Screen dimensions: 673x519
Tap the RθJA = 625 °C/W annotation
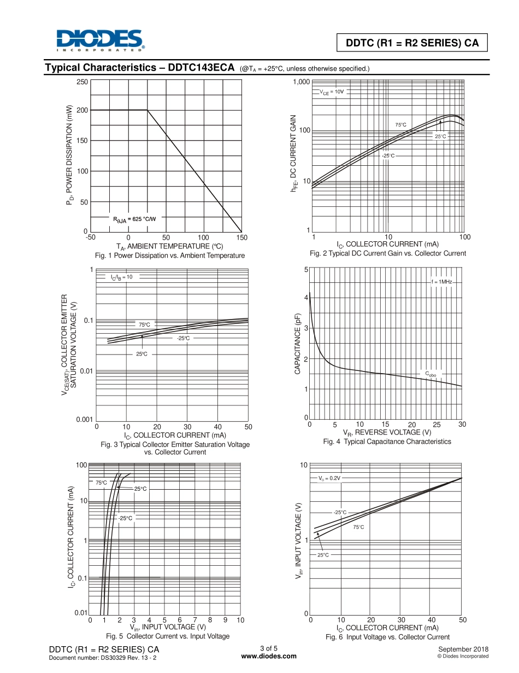[x=134, y=219]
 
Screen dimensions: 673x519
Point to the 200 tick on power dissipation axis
[x=82, y=110]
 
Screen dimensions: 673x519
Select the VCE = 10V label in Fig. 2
[x=332, y=92]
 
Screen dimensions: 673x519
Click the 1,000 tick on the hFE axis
[x=301, y=82]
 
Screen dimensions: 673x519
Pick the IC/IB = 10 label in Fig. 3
[x=121, y=277]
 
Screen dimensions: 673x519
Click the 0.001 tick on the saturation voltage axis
[x=84, y=420]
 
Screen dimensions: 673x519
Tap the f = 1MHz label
[x=441, y=281]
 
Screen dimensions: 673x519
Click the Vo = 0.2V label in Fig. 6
[x=329, y=478]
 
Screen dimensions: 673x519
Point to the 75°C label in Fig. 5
[x=102, y=483]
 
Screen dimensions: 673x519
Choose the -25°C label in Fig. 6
[x=340, y=512]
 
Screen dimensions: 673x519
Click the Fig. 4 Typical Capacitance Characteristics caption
[x=387, y=442]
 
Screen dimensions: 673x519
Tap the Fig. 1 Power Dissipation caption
[x=170, y=256]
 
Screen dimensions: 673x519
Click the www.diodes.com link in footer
[x=268, y=656]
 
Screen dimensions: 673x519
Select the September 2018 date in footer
[x=463, y=649]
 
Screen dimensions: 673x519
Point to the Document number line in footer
[x=103, y=657]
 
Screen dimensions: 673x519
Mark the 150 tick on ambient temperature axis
[x=242, y=237]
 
